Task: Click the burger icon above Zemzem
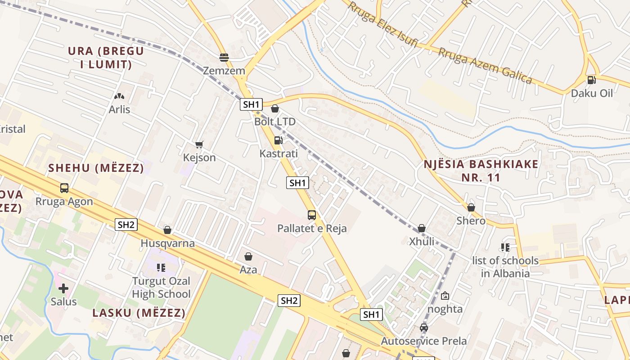point(224,58)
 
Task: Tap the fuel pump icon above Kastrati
point(279,140)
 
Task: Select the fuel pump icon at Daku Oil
point(591,80)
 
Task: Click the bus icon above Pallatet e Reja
point(312,215)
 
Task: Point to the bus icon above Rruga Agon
point(64,188)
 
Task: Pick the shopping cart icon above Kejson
point(199,144)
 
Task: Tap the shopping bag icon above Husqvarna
point(167,230)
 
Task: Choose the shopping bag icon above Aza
point(248,256)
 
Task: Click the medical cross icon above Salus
point(63,288)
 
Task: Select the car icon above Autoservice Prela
point(424,328)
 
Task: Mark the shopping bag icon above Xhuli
point(422,228)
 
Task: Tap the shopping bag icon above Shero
point(471,207)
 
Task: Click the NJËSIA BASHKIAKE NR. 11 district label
point(481,171)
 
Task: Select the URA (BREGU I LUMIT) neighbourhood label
point(106,58)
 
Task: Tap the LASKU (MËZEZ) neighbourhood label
point(139,313)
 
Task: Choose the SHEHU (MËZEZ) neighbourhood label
point(96,168)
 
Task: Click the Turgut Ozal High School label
point(161,288)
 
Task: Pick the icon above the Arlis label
point(119,96)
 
